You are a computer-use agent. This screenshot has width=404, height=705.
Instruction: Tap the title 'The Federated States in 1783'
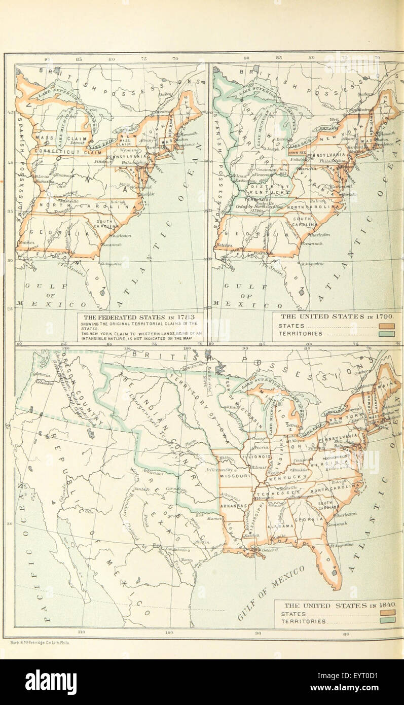(140, 316)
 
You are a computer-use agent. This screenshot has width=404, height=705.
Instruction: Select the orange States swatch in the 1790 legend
(386, 326)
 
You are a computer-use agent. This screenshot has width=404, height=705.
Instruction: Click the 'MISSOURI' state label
(235, 476)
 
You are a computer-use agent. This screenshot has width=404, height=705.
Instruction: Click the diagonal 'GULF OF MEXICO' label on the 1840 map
(271, 593)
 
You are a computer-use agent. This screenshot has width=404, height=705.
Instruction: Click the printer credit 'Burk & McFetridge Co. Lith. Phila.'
(40, 642)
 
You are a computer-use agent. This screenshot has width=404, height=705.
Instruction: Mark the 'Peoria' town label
(263, 449)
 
